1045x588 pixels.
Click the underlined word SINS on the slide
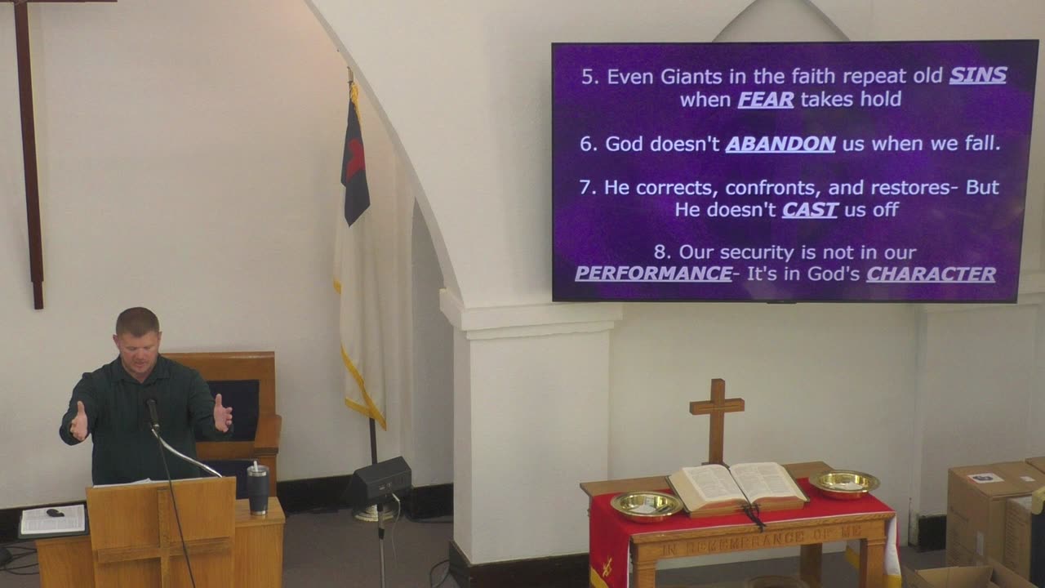[x=977, y=76]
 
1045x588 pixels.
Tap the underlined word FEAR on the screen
[x=766, y=100]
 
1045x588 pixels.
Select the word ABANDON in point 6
[x=780, y=144]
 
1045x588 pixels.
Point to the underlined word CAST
[x=810, y=210]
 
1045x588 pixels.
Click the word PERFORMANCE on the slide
[x=653, y=274]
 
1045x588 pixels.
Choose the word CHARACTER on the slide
[x=931, y=274]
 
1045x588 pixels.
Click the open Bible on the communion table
[x=736, y=487]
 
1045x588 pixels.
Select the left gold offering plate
[x=646, y=506]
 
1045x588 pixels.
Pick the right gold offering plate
[x=843, y=483]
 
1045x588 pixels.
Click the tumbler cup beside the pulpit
[x=258, y=488]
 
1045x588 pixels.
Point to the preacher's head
[x=137, y=335]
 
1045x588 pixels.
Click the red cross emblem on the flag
[x=354, y=158]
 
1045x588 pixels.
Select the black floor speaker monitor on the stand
[x=379, y=480]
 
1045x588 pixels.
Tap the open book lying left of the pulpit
[x=53, y=519]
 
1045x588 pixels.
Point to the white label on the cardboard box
[x=985, y=478]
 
